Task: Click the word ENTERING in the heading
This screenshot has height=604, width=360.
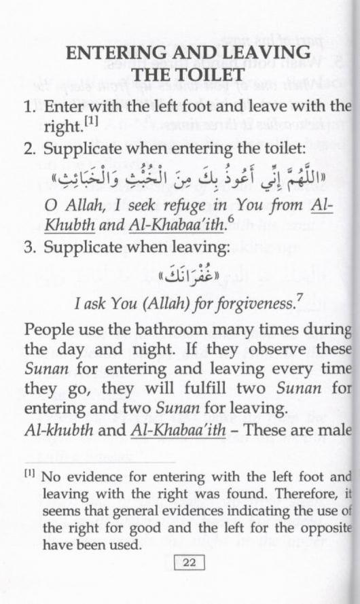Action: (117, 52)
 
